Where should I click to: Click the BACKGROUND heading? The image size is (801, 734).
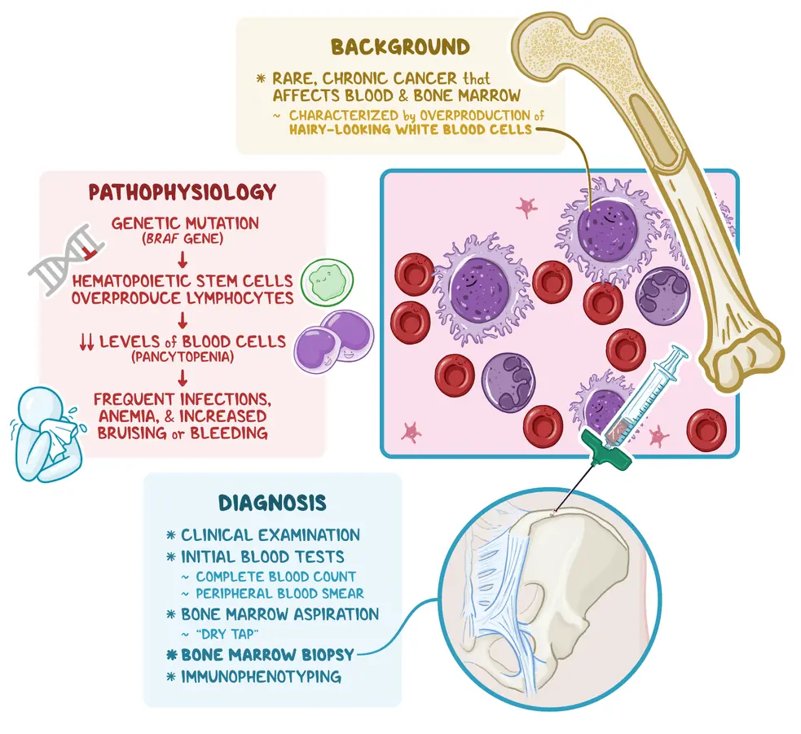pyautogui.click(x=399, y=46)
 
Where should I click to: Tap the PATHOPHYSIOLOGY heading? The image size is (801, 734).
pyautogui.click(x=183, y=193)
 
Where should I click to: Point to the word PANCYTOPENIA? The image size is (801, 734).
pyautogui.click(x=182, y=358)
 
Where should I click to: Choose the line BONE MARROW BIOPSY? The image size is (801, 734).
pyautogui.click(x=268, y=654)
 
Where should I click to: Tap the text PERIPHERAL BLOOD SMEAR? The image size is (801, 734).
pyautogui.click(x=279, y=593)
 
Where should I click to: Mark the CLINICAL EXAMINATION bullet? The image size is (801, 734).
pyautogui.click(x=270, y=535)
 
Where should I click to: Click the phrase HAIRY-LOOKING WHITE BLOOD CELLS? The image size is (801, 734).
pyautogui.click(x=410, y=129)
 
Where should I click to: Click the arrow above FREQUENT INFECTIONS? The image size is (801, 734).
pyautogui.click(x=183, y=378)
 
